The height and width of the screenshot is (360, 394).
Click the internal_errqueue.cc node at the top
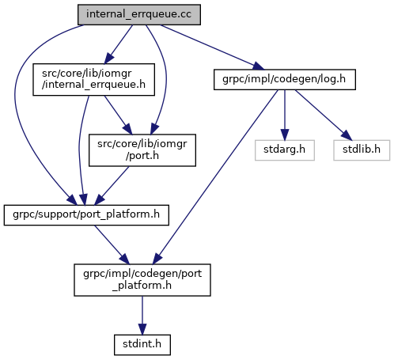(139, 14)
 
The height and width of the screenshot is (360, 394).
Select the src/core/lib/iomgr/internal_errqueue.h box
(93, 79)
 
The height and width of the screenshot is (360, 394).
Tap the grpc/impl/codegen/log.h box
(285, 79)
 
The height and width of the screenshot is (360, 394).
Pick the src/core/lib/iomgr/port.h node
(142, 150)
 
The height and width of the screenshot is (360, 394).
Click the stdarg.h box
(285, 150)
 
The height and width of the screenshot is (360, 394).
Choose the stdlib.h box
(362, 150)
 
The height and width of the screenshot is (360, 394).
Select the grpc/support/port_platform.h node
(86, 215)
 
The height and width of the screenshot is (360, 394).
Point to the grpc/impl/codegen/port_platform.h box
(142, 280)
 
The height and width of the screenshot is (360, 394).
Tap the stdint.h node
(142, 345)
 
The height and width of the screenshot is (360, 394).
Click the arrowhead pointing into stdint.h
(142, 328)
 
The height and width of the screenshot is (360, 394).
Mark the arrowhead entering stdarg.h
(285, 134)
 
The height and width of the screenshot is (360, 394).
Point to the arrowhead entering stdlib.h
(347, 135)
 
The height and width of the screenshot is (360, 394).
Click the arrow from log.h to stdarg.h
(285, 115)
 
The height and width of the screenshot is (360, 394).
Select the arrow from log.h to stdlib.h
(324, 115)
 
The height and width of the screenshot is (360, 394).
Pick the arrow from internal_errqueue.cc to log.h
(211, 47)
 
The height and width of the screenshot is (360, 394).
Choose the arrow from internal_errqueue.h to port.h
(118, 115)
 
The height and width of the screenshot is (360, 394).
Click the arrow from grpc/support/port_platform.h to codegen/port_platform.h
(112, 244)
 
